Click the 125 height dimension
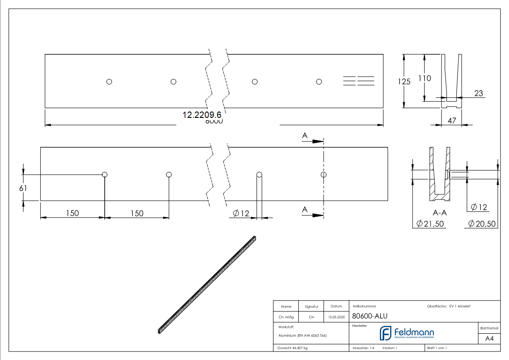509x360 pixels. pyautogui.click(x=404, y=82)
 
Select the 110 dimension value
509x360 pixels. pyautogui.click(x=425, y=78)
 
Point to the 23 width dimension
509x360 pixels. pyautogui.click(x=479, y=93)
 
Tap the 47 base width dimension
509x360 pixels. pyautogui.click(x=451, y=120)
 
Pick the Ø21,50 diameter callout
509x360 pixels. pyautogui.click(x=429, y=224)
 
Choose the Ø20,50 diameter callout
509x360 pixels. pyautogui.click(x=482, y=224)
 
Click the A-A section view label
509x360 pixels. pyautogui.click(x=440, y=212)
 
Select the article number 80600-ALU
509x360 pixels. pyautogui.click(x=369, y=316)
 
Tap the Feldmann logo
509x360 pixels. pyautogui.click(x=407, y=333)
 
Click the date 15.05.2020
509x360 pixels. pyautogui.click(x=336, y=317)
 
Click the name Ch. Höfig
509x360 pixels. pyautogui.click(x=286, y=317)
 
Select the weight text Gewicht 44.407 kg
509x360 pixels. pyautogui.click(x=293, y=348)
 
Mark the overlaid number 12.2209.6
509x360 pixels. pyautogui.click(x=202, y=115)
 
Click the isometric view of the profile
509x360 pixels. pyautogui.click(x=207, y=284)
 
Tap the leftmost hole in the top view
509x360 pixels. pyautogui.click(x=109, y=82)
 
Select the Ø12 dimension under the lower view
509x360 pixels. pyautogui.click(x=241, y=213)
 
